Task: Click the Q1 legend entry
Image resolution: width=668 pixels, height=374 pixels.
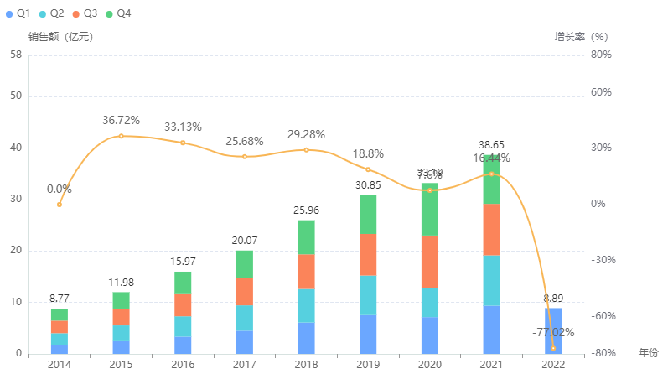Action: click(18, 13)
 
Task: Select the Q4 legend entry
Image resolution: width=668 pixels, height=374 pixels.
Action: click(117, 13)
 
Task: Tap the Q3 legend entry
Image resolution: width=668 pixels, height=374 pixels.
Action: click(85, 13)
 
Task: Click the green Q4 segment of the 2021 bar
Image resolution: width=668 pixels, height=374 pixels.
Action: click(491, 180)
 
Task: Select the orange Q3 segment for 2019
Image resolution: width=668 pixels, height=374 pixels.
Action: click(368, 255)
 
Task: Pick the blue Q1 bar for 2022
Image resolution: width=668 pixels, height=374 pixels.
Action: click(553, 330)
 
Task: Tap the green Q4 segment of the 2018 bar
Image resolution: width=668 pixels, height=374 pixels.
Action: click(306, 237)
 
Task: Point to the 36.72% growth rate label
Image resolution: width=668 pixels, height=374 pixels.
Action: click(122, 121)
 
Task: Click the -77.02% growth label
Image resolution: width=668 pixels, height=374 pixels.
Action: click(553, 333)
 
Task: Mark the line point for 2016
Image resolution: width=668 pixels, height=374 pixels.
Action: click(183, 143)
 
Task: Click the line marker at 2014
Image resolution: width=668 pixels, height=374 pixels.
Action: click(60, 205)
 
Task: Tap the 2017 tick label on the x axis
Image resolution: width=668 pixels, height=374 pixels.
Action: click(244, 364)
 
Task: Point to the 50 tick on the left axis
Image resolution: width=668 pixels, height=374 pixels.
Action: click(16, 96)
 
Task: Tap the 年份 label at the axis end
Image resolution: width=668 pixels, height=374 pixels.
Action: click(648, 353)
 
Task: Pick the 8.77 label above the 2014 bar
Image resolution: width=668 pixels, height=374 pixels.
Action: click(60, 298)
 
